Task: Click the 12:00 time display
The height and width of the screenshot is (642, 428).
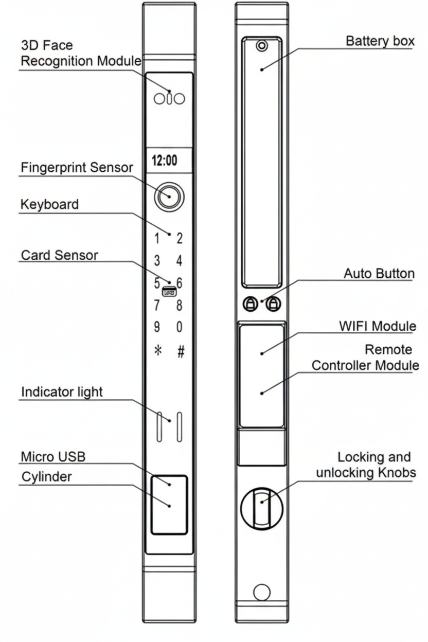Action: tap(165, 160)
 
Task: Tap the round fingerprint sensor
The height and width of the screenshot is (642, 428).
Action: tap(168, 196)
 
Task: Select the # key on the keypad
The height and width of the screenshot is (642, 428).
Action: tap(180, 351)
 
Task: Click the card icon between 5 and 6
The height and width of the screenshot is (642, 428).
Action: tap(169, 291)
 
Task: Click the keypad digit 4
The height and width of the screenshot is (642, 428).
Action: tap(180, 261)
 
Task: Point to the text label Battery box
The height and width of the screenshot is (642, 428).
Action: tap(380, 41)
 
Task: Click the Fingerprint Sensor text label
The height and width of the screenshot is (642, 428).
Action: tap(77, 168)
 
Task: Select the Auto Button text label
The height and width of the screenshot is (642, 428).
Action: tap(379, 274)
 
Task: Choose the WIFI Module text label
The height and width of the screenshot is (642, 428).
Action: tap(378, 326)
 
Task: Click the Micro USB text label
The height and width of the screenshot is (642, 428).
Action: tap(53, 456)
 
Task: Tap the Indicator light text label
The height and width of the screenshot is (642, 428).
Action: tap(62, 391)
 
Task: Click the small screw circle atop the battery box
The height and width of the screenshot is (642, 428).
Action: tap(262, 46)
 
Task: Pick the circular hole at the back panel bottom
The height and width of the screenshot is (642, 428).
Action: tap(262, 592)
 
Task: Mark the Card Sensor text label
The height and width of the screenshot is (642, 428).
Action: tap(59, 255)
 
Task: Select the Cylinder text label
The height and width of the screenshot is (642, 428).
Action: tap(47, 476)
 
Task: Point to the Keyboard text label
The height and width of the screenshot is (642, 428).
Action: tap(49, 204)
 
